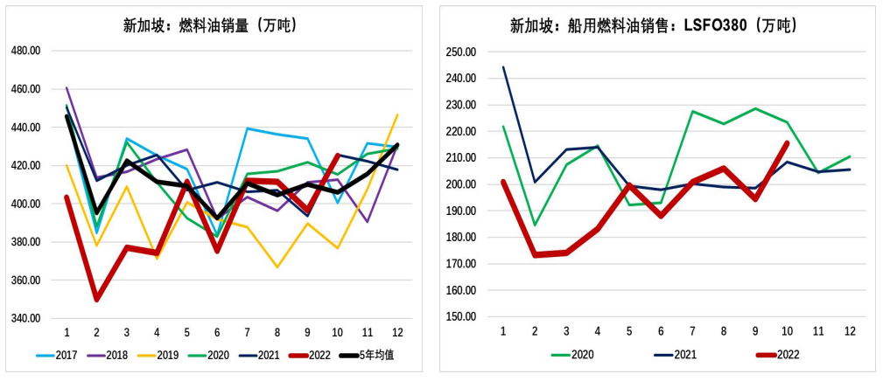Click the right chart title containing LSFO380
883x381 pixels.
pyautogui.click(x=654, y=24)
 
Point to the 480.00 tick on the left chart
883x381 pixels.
pyautogui.click(x=26, y=51)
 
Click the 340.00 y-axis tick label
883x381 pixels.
pyautogui.click(x=26, y=318)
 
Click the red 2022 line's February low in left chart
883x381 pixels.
pyautogui.click(x=96, y=300)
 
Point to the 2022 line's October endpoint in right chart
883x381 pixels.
pyautogui.click(x=787, y=143)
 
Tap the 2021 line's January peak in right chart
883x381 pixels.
pyautogui.click(x=503, y=67)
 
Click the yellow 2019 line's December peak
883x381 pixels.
pyautogui.click(x=396, y=114)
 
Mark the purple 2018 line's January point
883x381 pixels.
pyautogui.click(x=67, y=87)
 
